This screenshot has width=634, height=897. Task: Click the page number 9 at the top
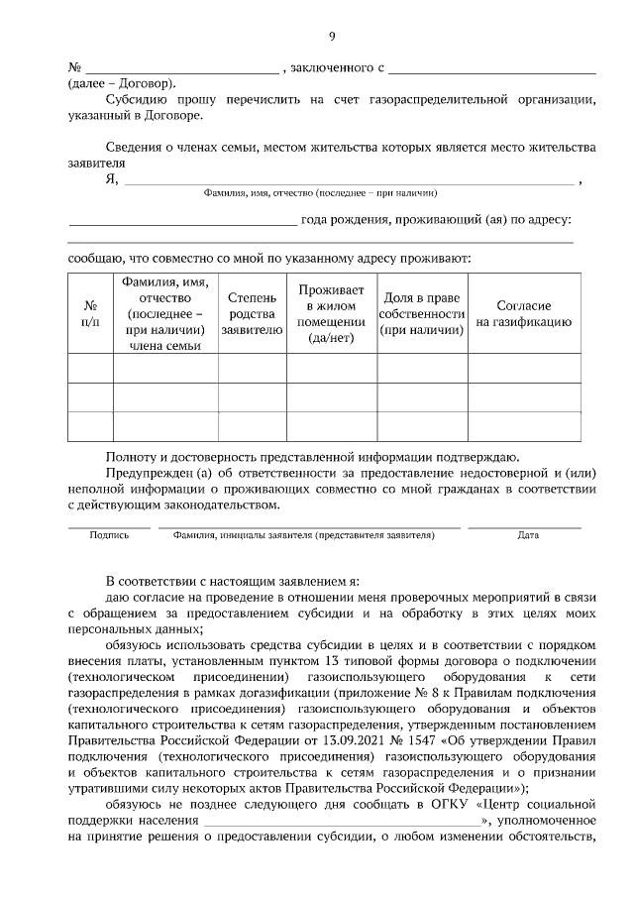(332, 38)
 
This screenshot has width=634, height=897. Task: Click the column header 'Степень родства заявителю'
(253, 312)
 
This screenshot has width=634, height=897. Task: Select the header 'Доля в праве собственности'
(421, 312)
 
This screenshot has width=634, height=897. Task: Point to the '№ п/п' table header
(90, 313)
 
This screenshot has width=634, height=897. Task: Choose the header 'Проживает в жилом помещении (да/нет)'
(332, 312)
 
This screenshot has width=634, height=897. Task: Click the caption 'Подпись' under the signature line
(109, 535)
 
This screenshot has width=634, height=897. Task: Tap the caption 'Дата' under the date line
(528, 535)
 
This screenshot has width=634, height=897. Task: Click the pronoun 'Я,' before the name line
(112, 179)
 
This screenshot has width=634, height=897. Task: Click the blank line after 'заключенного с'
(492, 68)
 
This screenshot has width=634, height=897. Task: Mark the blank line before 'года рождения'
(182, 220)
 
